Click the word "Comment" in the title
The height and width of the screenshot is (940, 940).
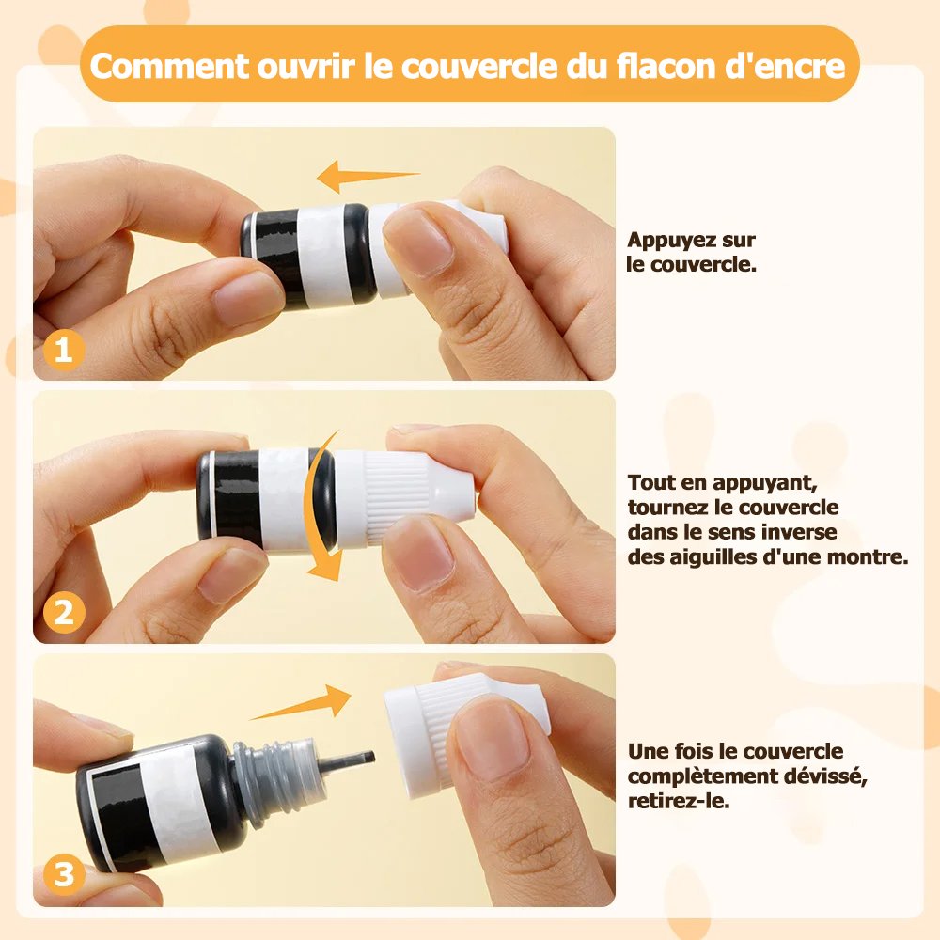[169, 66]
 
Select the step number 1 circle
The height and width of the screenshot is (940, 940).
[63, 351]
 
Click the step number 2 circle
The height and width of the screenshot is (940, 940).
[64, 613]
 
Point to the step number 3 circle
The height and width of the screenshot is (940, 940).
[64, 874]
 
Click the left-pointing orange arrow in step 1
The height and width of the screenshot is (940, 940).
[368, 176]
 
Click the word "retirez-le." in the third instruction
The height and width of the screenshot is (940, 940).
[679, 801]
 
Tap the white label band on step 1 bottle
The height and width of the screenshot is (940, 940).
[323, 254]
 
